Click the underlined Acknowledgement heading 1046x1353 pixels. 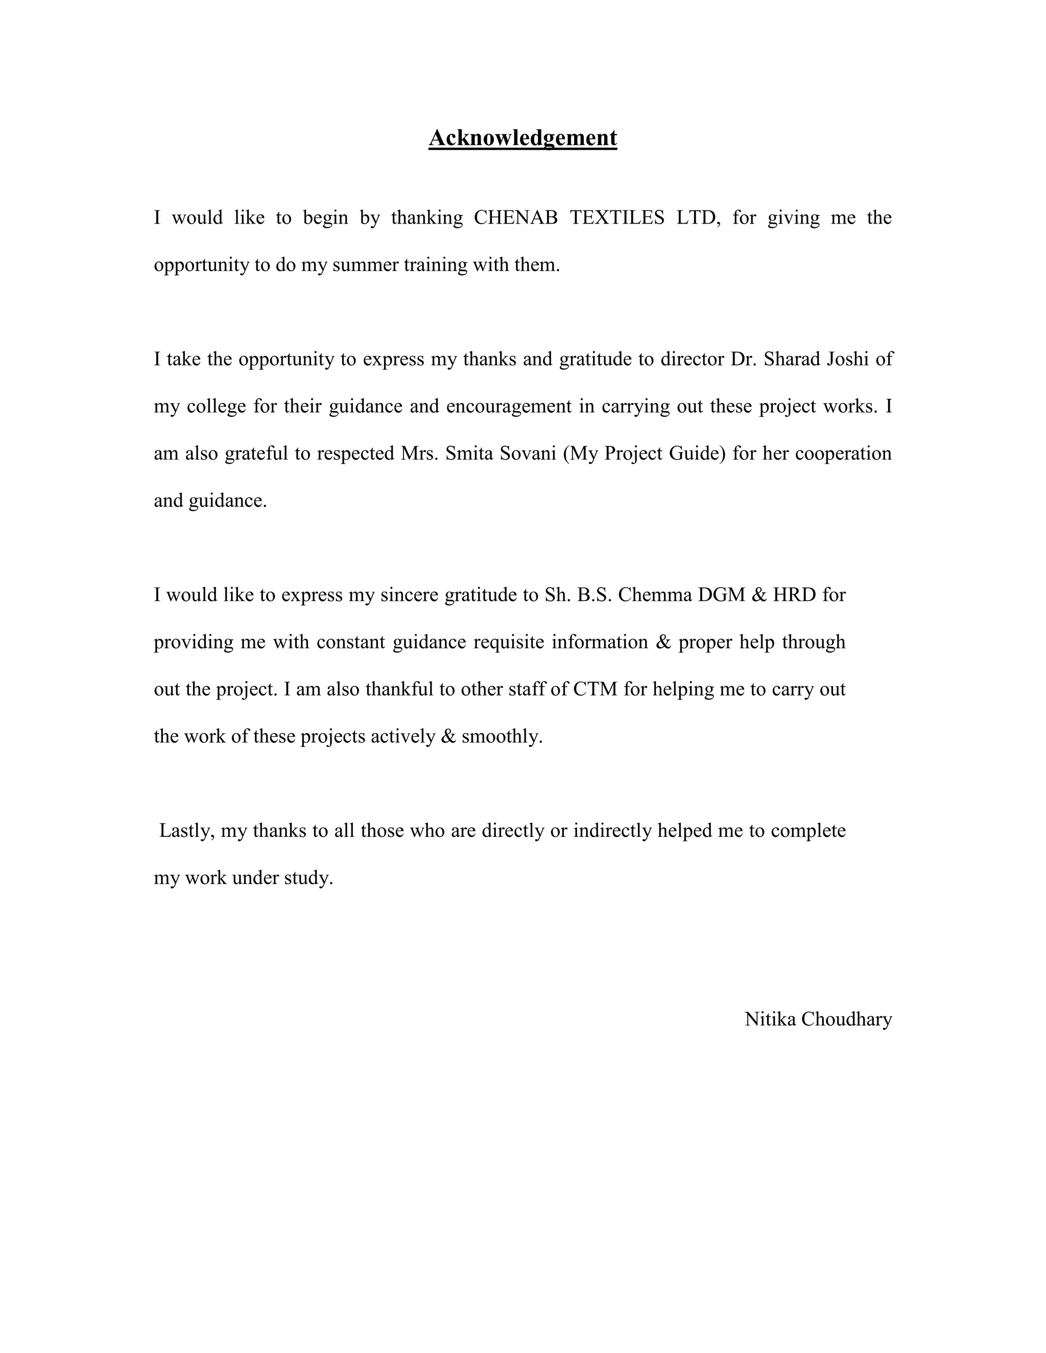click(x=522, y=137)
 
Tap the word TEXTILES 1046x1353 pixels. click(x=616, y=218)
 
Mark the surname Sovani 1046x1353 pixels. click(x=527, y=453)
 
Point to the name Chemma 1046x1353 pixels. click(x=655, y=595)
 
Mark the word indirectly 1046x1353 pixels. click(x=612, y=831)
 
